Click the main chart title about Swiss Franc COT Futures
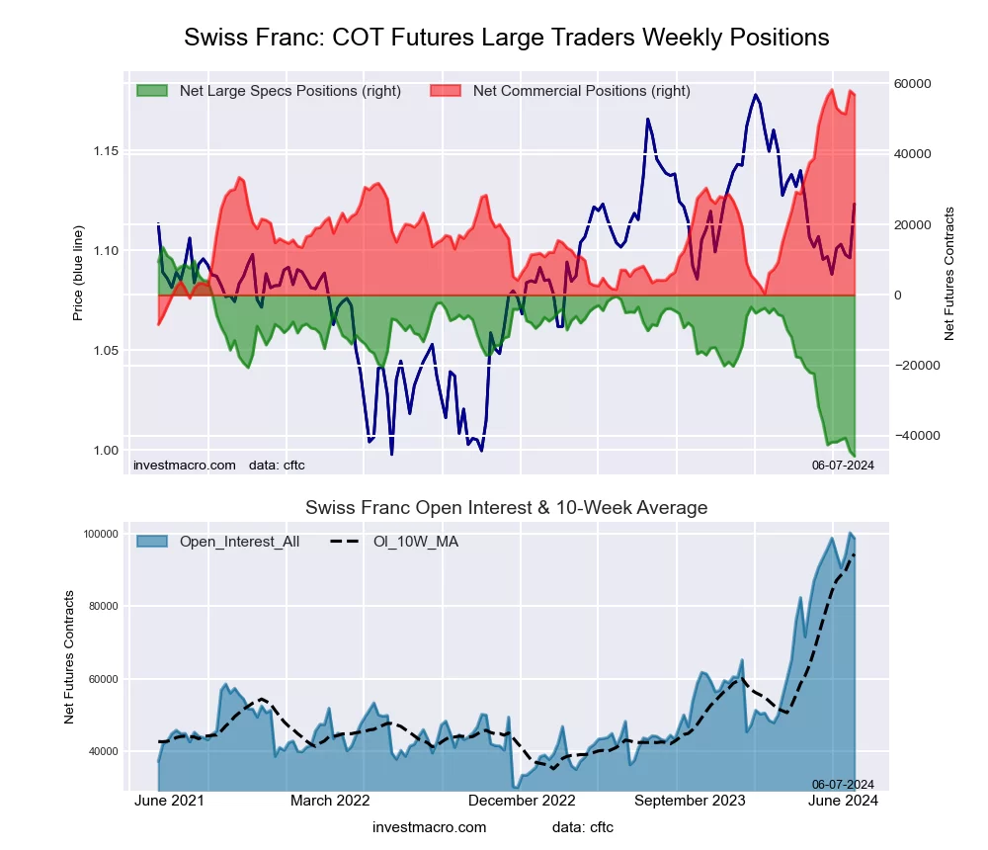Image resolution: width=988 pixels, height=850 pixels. (x=506, y=38)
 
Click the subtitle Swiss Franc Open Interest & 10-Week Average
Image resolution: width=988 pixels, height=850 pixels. (x=506, y=508)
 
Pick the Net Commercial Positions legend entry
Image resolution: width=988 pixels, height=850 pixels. (x=560, y=91)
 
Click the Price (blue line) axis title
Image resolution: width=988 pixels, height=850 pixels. (x=78, y=273)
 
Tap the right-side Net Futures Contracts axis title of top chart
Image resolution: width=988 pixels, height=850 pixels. (x=950, y=273)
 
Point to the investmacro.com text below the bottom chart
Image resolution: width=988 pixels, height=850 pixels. (x=430, y=827)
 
